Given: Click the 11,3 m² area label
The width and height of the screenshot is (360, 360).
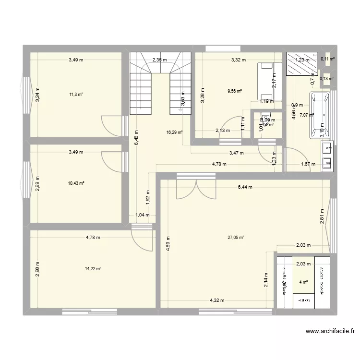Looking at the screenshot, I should pos(76,95).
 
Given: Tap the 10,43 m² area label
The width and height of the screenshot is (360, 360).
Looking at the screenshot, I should pos(76,183).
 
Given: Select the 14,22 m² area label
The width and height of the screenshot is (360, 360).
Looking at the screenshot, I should pos(94,269).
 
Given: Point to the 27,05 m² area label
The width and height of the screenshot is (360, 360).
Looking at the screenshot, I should pos(236,237).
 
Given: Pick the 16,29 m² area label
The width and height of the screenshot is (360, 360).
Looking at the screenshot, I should pos(175,133).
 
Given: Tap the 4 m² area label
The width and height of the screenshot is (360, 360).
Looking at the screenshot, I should pos(304,282).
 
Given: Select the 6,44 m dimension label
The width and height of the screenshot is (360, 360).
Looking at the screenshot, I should pos(244,187).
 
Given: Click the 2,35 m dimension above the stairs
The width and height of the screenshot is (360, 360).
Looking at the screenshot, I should pos(159,60).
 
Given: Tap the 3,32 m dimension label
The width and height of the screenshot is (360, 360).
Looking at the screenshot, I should pos(238,60).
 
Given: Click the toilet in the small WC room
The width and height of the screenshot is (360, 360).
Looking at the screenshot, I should pos(265,118).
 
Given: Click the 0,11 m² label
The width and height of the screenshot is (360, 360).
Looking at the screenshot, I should pos(328,59).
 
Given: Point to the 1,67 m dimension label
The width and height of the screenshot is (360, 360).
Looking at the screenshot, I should pos(308,164).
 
